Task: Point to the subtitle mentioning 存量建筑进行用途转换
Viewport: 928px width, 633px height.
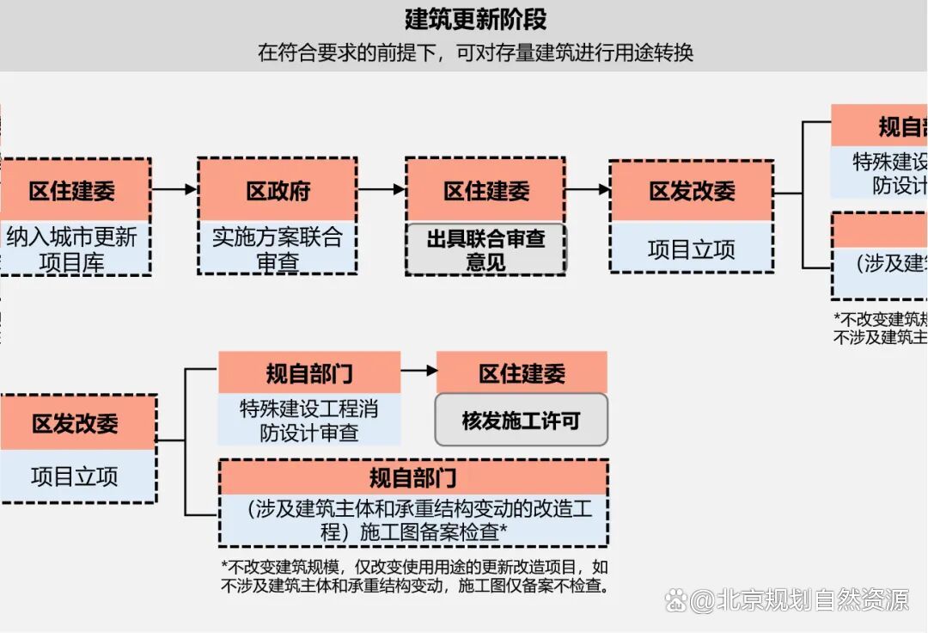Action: [x=475, y=52]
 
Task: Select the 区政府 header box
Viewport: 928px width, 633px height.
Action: [x=278, y=191]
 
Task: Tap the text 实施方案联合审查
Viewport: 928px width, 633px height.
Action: [x=278, y=249]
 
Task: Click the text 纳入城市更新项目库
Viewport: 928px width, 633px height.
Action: [x=72, y=249]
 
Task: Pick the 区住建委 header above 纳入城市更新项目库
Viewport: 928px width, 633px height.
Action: [x=72, y=191]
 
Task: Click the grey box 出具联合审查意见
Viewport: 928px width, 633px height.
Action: [x=485, y=250]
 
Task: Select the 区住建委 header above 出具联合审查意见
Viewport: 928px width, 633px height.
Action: [x=485, y=191]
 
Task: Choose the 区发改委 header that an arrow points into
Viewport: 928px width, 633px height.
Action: [x=692, y=191]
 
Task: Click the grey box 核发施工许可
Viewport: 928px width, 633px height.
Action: [x=521, y=421]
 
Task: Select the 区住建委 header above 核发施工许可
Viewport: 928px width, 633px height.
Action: [x=522, y=373]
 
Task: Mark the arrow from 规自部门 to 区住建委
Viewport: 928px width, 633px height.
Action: [x=418, y=371]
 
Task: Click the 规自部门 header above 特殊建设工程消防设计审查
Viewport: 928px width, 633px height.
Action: [x=309, y=373]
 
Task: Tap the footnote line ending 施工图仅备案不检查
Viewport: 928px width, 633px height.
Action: [x=415, y=587]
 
